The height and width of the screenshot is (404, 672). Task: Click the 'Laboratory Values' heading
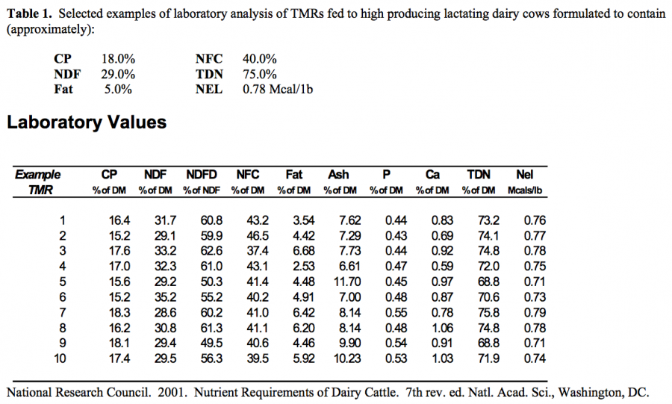point(87,122)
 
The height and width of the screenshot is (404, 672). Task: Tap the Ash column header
point(338,175)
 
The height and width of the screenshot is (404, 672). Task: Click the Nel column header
point(524,175)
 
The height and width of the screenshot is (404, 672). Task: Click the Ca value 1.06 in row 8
point(440,328)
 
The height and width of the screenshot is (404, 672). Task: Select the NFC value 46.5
point(247,235)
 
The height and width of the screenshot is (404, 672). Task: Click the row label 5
point(63,282)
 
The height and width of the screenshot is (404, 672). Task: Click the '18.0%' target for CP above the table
point(117,58)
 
